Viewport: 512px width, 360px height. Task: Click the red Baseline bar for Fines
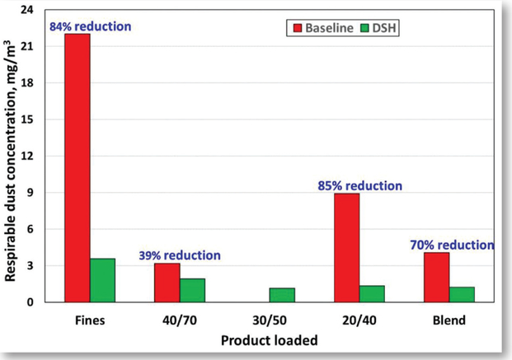[x=78, y=168]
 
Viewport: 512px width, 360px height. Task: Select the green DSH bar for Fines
[x=102, y=280]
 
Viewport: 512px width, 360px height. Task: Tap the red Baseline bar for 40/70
[x=167, y=283]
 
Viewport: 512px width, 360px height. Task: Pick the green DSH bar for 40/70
[x=192, y=290]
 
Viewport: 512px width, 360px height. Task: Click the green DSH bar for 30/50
[x=282, y=295]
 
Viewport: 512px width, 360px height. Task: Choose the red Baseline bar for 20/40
[x=346, y=247]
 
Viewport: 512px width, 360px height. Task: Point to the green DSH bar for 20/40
[x=372, y=293]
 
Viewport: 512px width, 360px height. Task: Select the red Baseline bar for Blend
[x=436, y=277]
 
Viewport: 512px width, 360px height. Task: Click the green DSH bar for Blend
[x=462, y=294]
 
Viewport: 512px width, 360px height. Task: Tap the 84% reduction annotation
[x=91, y=26]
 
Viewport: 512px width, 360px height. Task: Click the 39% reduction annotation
[x=180, y=255]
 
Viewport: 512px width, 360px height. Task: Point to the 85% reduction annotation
[x=359, y=185]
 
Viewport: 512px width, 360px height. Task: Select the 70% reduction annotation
[x=452, y=245]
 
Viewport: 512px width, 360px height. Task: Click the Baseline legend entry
[x=322, y=28]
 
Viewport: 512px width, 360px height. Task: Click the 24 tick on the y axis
[x=26, y=10]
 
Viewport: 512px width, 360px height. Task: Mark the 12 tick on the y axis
[x=26, y=156]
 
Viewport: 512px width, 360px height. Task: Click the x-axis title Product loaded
[x=270, y=338]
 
